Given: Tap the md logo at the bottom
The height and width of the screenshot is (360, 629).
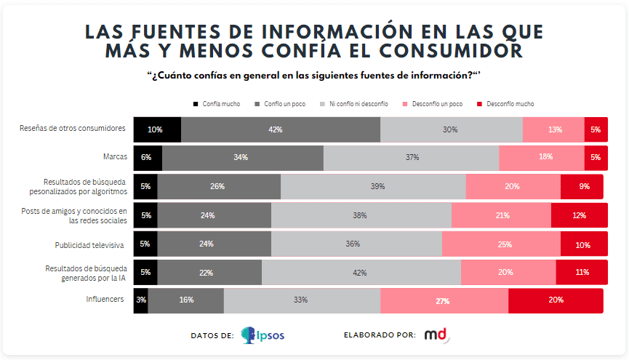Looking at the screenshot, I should pos(437,335).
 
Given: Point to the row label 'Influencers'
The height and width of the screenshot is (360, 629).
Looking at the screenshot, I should pos(105,300).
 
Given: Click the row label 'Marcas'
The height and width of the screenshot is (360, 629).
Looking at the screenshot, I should pos(115,157).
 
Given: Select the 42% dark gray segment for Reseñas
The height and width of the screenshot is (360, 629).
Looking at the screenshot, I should pos(281,129).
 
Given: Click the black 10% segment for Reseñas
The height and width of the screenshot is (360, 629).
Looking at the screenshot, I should pos(157,129).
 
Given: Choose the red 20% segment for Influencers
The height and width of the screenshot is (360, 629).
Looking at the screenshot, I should pos(556,300).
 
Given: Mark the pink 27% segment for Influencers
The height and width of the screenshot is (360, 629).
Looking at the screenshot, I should pos(444,300).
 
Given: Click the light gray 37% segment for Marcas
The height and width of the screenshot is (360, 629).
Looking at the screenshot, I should pos(411,157).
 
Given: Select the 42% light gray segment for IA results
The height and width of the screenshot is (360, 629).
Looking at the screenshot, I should pos(361,272).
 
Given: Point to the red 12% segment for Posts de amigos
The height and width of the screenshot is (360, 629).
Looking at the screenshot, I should pos(579,215).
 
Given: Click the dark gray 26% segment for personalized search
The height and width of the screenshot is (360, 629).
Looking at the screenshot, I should pos(218,186).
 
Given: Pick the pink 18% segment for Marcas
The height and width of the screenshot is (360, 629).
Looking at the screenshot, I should pos(542,157).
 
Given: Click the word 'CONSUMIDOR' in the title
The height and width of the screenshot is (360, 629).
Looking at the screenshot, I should pos(452,51).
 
